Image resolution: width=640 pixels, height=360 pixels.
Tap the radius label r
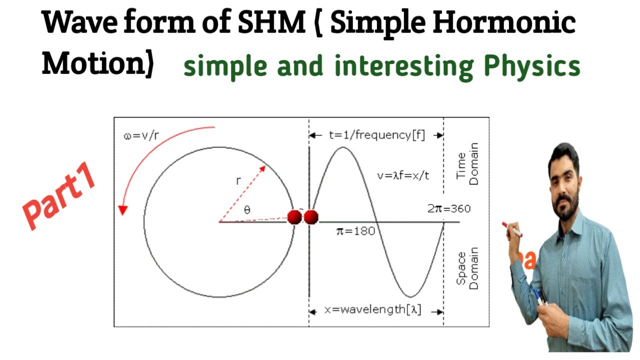click(238, 181)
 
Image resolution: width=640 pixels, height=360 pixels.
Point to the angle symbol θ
click(247, 210)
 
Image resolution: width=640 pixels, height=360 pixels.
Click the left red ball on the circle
click(295, 217)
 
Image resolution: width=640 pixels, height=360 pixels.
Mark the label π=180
click(355, 231)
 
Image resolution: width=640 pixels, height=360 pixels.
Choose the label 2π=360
click(448, 208)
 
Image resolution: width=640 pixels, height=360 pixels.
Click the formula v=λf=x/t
click(403, 175)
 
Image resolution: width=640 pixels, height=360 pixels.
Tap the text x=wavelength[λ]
click(373, 310)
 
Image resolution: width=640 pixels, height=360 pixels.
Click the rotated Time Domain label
click(467, 164)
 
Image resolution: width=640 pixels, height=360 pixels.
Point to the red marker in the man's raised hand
click(512, 230)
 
